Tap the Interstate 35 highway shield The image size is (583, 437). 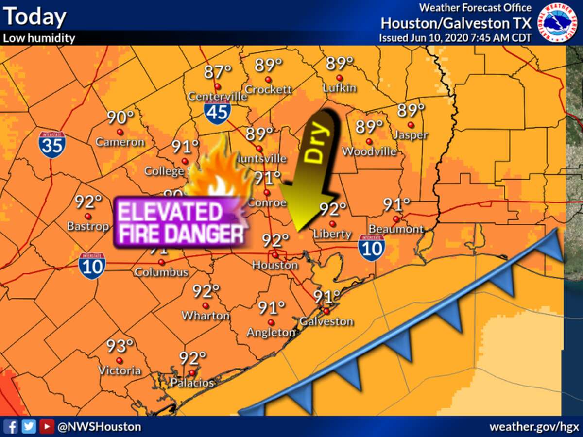point(52,144)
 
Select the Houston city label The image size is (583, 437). point(275,265)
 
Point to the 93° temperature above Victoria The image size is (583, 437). point(120,347)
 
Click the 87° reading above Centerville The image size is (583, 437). point(217,72)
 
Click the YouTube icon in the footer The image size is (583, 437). point(47,426)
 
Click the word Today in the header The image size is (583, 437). point(34,17)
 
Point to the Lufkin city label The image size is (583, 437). point(340,88)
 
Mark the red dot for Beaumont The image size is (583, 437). point(396,219)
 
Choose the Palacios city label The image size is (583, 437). point(192,383)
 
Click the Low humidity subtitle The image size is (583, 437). point(39,38)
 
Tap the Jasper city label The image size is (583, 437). point(411,135)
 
